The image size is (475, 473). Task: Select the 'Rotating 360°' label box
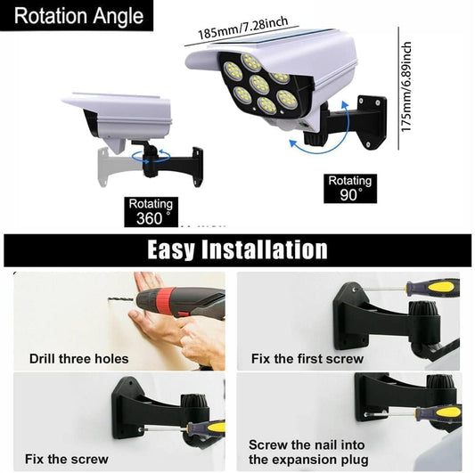click(150, 211)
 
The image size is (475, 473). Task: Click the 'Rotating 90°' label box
click(349, 188)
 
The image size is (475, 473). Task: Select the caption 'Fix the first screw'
click(308, 359)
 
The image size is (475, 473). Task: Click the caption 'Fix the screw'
click(67, 460)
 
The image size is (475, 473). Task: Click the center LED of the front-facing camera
click(259, 84)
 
